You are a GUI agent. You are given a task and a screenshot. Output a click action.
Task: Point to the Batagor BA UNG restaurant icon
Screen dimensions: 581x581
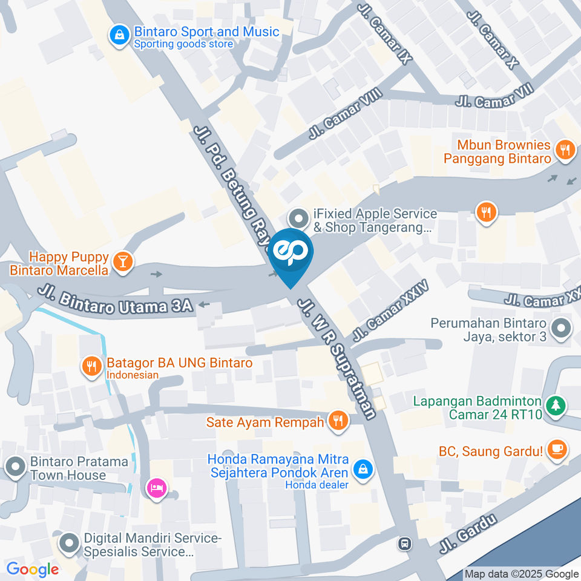pyautogui.click(x=92, y=366)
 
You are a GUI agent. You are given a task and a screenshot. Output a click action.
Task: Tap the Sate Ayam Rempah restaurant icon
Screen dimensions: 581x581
pyautogui.click(x=338, y=421)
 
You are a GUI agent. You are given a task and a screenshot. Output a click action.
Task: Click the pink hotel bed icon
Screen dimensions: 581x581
pyautogui.click(x=157, y=487)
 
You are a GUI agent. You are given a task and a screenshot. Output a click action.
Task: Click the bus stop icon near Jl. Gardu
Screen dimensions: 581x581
pyautogui.click(x=405, y=543)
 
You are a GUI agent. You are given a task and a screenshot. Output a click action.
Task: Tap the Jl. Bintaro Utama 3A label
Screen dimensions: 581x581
pyautogui.click(x=115, y=300)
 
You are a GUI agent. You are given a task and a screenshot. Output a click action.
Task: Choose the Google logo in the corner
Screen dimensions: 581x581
pyautogui.click(x=32, y=569)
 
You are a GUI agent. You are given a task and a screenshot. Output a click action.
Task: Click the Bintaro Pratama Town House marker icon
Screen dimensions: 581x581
pyautogui.click(x=14, y=465)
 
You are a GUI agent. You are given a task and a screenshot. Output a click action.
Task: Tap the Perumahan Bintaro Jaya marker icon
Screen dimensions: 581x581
pyautogui.click(x=562, y=329)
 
